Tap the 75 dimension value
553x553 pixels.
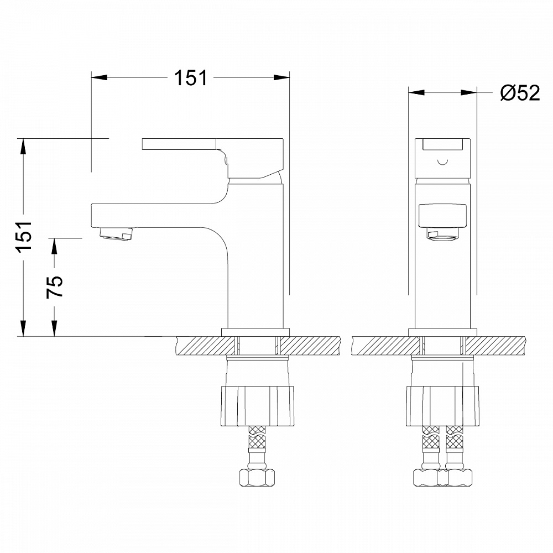click(x=55, y=286)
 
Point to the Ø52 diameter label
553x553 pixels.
click(x=520, y=93)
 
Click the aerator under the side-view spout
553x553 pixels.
click(x=116, y=234)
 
